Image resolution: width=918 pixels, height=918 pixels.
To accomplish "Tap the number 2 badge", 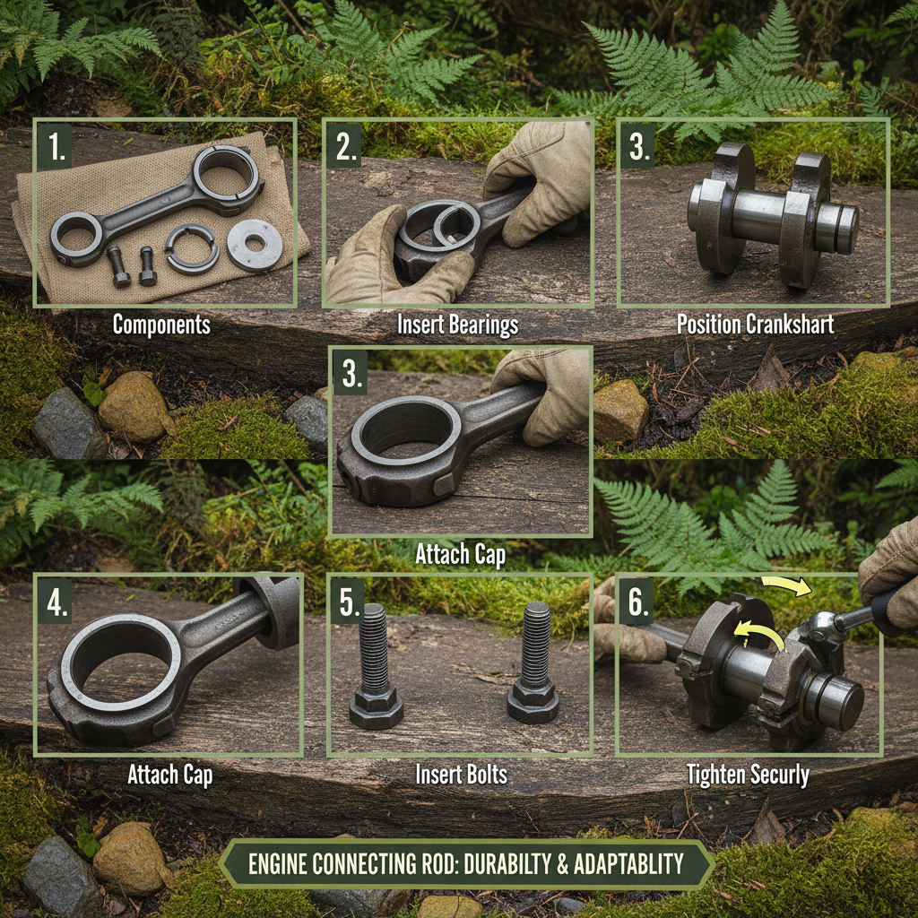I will click(x=346, y=146).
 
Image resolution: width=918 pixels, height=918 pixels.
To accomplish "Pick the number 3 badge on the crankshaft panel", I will click(x=638, y=146).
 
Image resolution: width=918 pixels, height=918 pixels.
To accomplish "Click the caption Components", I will click(x=161, y=325).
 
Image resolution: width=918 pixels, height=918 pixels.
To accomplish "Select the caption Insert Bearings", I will click(x=457, y=325).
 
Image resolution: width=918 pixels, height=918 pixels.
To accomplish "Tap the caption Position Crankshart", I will click(x=755, y=325).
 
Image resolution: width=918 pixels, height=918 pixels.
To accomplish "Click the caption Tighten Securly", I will click(x=748, y=775).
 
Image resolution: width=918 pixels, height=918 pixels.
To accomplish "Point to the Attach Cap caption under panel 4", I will click(x=169, y=774).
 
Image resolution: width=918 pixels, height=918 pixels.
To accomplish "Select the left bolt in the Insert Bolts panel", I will click(x=375, y=663).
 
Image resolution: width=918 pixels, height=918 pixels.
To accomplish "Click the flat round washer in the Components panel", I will click(x=254, y=245).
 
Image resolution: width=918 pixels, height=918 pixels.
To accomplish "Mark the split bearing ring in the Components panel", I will click(x=192, y=248).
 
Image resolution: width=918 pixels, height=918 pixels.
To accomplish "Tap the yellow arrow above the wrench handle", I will click(x=785, y=587).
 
